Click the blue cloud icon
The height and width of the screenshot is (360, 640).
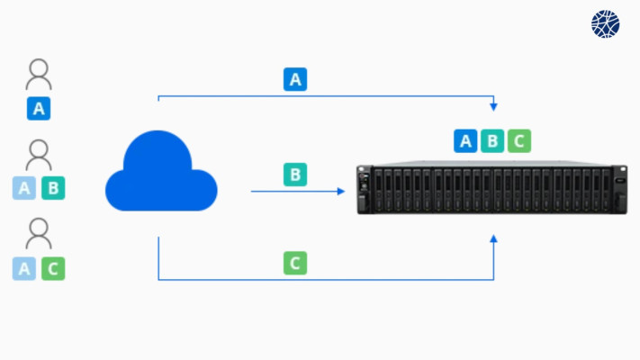pos(161,171)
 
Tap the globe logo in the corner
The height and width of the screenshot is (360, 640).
pos(605,24)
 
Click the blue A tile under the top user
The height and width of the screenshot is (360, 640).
pos(39,109)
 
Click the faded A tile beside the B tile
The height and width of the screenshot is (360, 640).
pos(24,188)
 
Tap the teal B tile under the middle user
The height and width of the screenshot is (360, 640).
pos(53,188)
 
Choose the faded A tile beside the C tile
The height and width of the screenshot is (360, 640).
pos(24,268)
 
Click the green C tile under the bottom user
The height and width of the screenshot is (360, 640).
pos(53,268)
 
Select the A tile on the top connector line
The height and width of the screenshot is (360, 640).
pos(295,79)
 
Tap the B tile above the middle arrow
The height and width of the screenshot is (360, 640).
pos(295,175)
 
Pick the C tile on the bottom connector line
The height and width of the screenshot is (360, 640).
pos(295,263)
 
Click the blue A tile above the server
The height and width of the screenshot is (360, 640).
pos(465,140)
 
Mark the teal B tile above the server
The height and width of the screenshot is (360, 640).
pos(492,140)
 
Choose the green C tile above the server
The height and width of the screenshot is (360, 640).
pos(519,140)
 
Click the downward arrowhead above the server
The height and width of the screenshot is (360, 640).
pos(493,107)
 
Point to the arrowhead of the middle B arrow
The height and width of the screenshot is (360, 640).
pos(341,191)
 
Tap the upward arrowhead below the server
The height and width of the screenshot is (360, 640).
pos(493,238)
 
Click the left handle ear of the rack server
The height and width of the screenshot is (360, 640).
pos(365,190)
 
